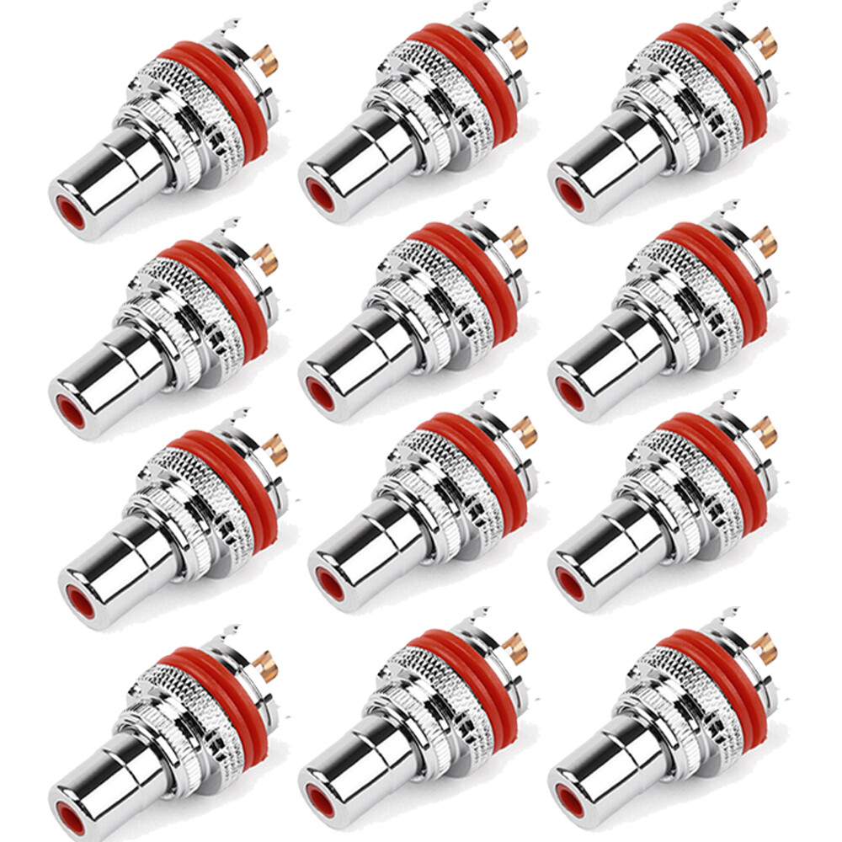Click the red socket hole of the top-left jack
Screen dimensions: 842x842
[71, 215]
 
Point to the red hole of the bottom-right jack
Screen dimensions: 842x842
[569, 796]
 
